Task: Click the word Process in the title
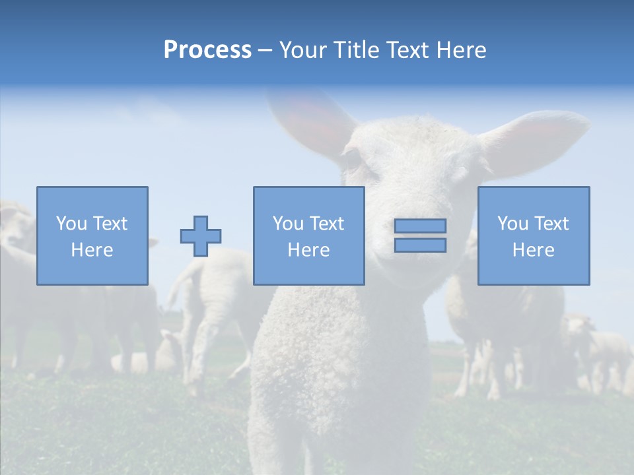pos(207,49)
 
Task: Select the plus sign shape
pos(201,236)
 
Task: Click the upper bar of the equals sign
pos(420,226)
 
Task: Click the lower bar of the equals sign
pos(420,245)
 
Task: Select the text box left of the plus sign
pos(92,236)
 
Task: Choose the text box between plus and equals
pos(308,236)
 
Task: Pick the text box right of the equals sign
pos(534,236)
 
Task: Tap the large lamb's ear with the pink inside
pos(535,142)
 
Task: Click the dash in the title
pos(265,50)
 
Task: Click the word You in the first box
pos(71,224)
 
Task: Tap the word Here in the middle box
pos(308,250)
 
